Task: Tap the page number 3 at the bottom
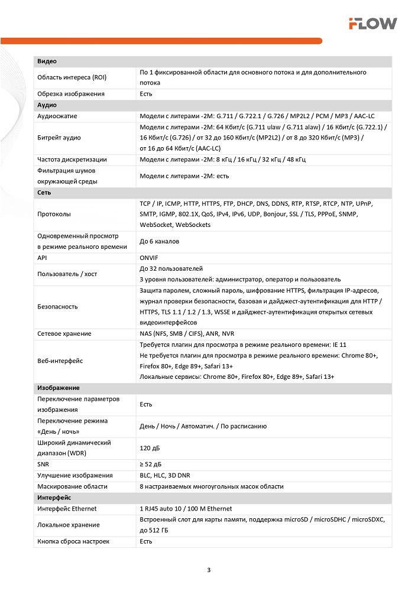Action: [x=209, y=570]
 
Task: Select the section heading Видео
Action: [x=47, y=61]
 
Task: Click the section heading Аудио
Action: [x=47, y=105]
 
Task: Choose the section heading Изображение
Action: [x=59, y=388]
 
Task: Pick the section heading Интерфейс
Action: [x=54, y=498]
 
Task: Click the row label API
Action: [x=43, y=258]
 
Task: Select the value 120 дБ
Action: [x=149, y=448]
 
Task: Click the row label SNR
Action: [x=43, y=465]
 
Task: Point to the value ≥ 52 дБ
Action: [x=153, y=465]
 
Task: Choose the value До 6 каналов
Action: [x=159, y=241]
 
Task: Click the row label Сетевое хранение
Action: [x=64, y=334]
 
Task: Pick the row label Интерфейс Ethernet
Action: [x=67, y=508]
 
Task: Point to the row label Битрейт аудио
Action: [x=59, y=138]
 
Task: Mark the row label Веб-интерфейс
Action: [x=60, y=361]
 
